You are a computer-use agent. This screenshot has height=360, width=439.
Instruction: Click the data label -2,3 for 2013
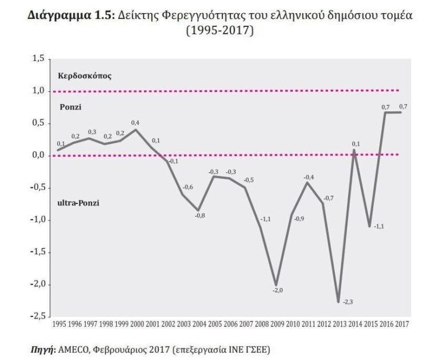coord(348,302)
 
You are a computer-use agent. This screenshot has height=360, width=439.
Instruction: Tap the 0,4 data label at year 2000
coord(135,123)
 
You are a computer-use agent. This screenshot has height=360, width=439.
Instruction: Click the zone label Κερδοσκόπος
coord(84,76)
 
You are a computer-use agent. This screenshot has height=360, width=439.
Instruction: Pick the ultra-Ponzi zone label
coord(79,202)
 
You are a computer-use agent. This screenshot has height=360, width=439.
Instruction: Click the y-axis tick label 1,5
coord(38,58)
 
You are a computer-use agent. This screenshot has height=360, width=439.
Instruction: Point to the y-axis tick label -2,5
coord(37,316)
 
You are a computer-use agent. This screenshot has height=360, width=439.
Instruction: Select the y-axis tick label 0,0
coord(38,155)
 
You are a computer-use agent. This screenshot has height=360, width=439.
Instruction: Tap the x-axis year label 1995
coord(59,325)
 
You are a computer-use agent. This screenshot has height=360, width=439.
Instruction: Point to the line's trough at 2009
coord(276,285)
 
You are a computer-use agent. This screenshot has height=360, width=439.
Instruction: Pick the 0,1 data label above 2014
coord(355,143)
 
